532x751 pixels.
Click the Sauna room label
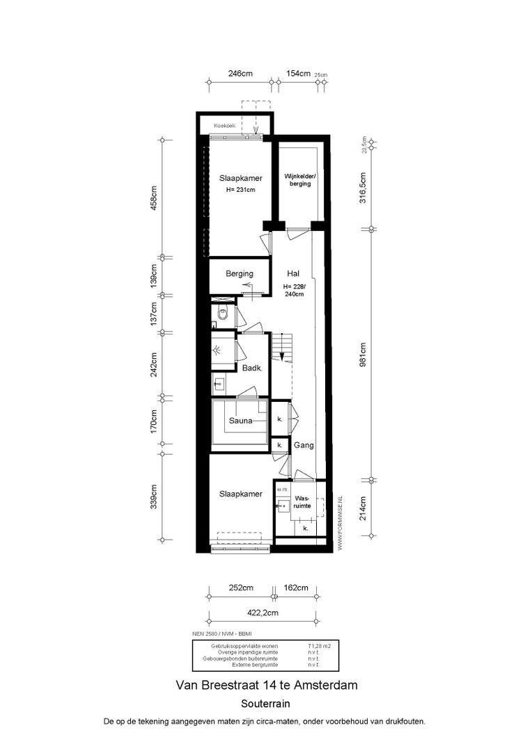[x=241, y=420]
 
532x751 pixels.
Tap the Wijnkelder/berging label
[x=297, y=179]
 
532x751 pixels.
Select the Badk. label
[x=251, y=369]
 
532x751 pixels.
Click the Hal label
[x=293, y=274]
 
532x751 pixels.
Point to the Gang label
[x=304, y=445]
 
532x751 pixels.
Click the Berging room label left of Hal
[x=239, y=274]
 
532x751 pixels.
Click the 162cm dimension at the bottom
[x=296, y=588]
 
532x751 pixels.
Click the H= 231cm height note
[x=240, y=190]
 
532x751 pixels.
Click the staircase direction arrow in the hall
[x=281, y=355]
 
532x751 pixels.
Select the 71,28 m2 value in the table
[x=319, y=646]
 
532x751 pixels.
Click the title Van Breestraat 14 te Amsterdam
[x=265, y=685]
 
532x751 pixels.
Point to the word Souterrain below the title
[x=265, y=703]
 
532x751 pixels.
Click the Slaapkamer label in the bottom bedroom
[x=241, y=494]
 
